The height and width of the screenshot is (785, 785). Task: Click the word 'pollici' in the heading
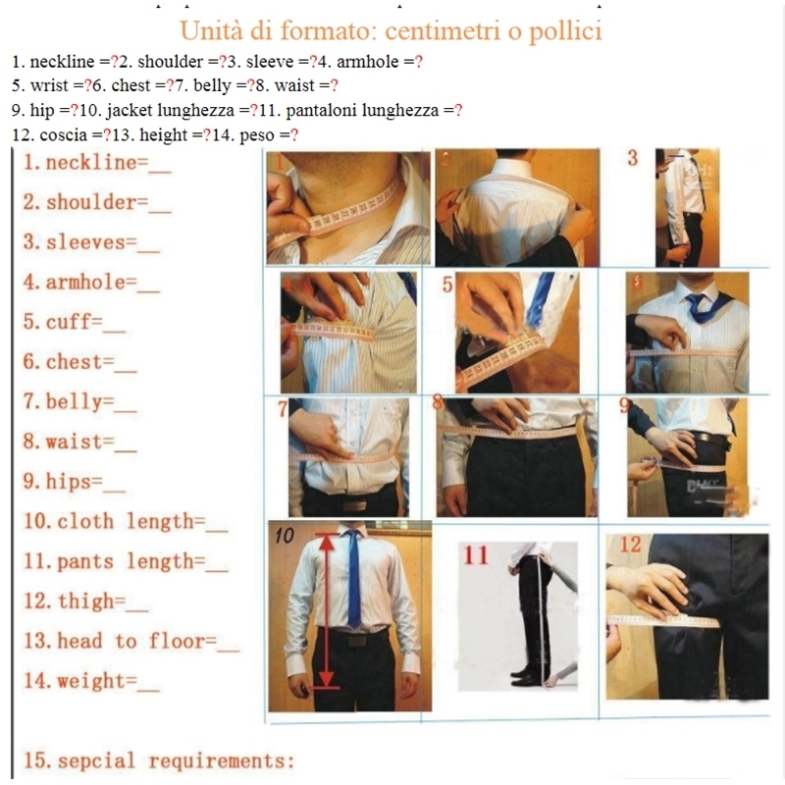[x=555, y=30]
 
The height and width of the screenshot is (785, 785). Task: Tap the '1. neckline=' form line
[x=98, y=163]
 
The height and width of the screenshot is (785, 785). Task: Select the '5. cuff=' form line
[x=75, y=322]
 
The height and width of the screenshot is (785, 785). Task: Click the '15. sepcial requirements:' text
[x=158, y=761]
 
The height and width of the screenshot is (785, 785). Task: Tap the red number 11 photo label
[x=476, y=555]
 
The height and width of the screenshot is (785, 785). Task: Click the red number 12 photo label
[x=630, y=545]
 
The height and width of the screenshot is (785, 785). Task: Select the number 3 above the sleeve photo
[x=632, y=158]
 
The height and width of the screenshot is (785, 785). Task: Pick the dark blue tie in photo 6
[x=702, y=306]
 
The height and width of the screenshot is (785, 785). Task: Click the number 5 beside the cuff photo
[x=446, y=287]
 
